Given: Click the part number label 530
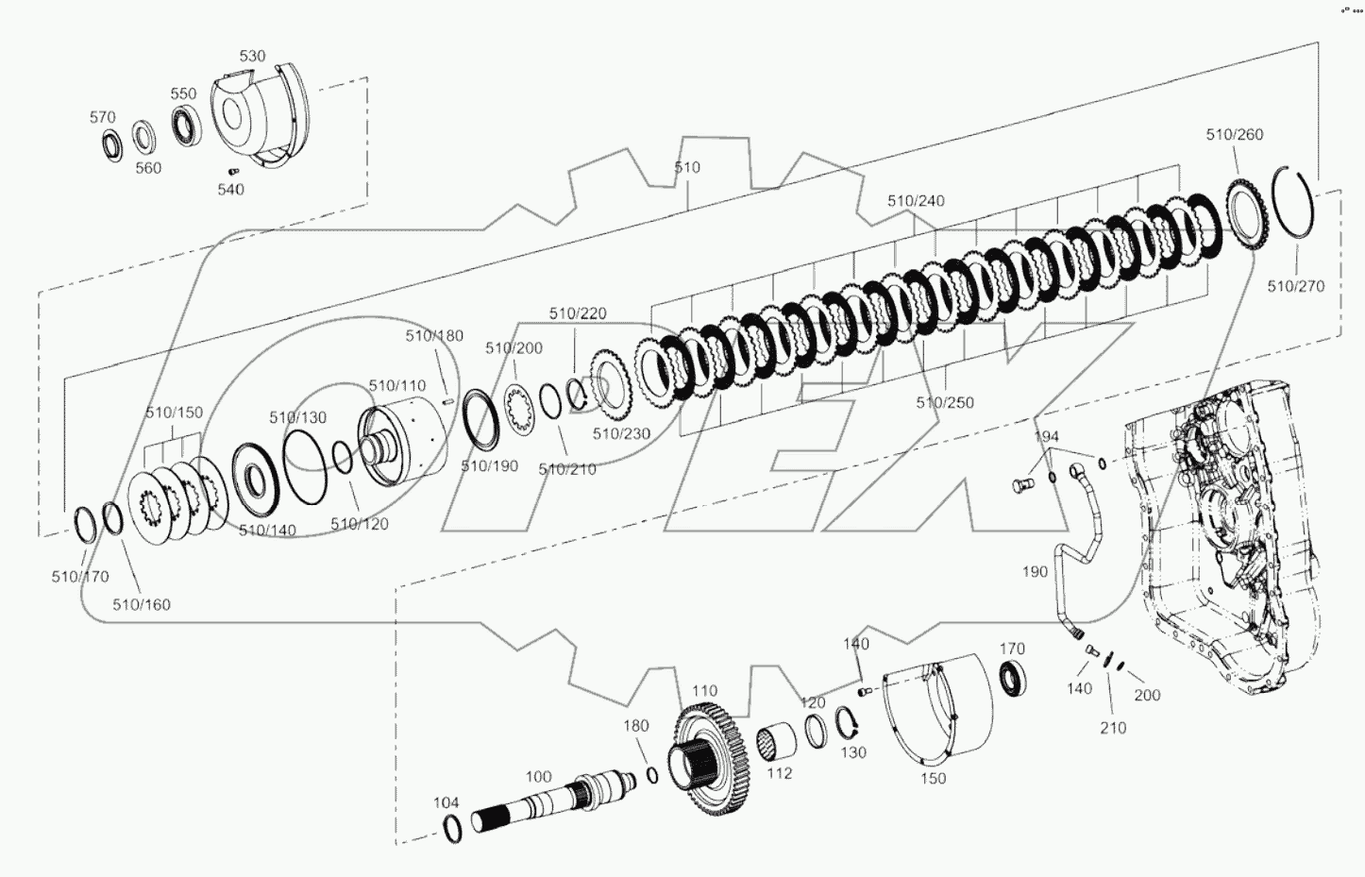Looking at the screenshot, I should pos(252,57).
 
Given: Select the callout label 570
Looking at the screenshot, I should pos(102,117).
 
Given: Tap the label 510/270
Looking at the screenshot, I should pos(1295,286).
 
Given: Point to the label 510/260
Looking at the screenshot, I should pos(1234,135).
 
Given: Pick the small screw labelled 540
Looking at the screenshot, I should pos(232,171).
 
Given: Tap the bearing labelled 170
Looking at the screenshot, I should pos(1014,679).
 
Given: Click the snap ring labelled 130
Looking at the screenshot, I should pos(846,725).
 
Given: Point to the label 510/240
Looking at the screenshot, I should pos(915,201).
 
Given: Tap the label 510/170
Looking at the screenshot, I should pos(79,577).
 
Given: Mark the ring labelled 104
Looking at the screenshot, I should pos(453,829).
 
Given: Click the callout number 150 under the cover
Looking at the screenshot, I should pos(933,779).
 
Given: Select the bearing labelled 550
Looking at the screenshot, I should pos(185,126).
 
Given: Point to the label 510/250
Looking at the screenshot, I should pos(944,403).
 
